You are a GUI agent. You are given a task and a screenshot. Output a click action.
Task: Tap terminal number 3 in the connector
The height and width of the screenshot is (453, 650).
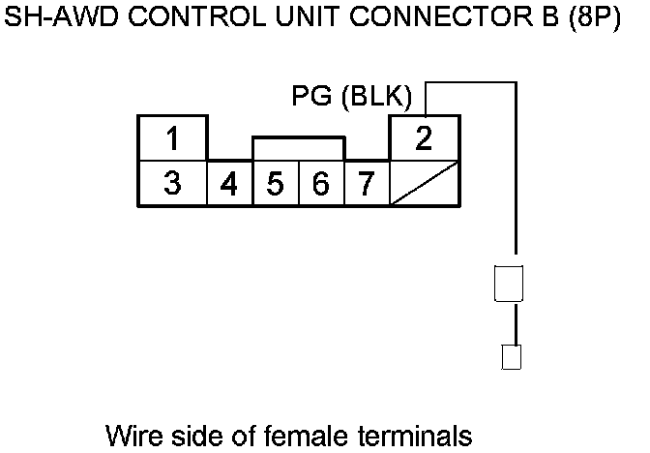click(171, 183)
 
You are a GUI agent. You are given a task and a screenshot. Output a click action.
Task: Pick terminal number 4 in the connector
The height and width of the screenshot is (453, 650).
click(229, 184)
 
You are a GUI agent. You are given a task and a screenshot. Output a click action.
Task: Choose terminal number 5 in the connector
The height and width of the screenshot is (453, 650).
click(275, 184)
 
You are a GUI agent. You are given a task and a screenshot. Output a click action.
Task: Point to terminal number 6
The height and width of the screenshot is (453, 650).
click(320, 184)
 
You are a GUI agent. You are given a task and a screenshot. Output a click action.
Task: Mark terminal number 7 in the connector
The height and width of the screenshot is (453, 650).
click(366, 184)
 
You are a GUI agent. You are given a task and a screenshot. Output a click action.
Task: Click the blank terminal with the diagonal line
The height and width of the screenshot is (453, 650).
click(424, 183)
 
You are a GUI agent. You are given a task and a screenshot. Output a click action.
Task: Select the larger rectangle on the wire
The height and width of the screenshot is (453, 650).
click(509, 285)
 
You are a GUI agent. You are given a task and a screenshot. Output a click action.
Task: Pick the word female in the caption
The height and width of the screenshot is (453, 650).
click(310, 433)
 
